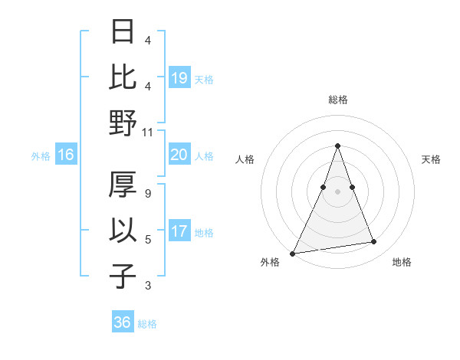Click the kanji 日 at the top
coord(123,33)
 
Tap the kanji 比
coord(123,77)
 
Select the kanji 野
coord(123,122)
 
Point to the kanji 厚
coord(123,185)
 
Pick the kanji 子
coord(123,275)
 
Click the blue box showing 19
coord(179,77)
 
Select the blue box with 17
coord(179,231)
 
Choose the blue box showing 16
coord(66,155)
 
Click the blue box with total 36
coord(123,322)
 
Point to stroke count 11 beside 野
coord(147,133)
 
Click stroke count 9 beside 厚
coord(148,195)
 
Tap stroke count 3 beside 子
coord(148,286)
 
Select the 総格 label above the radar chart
coord(337,100)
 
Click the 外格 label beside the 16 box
coord(41,156)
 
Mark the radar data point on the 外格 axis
coord(293,253)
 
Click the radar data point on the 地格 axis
coord(374,242)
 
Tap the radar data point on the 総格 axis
coord(337,146)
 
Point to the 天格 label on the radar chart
coord(432,159)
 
